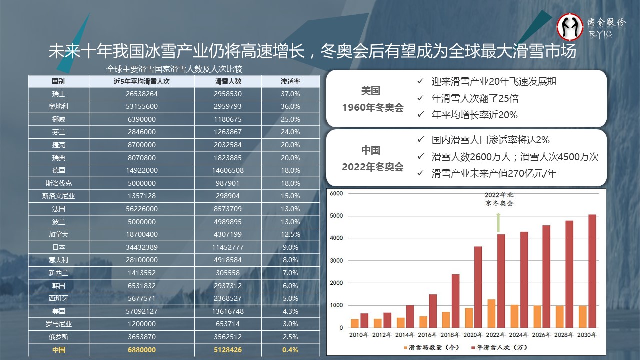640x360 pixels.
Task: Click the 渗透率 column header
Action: click(x=290, y=81)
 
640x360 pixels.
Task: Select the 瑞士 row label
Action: click(x=58, y=94)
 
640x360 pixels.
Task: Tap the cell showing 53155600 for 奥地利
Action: click(x=142, y=107)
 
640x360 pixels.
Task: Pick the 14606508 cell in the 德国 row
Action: click(x=228, y=170)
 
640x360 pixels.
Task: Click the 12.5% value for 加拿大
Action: click(x=290, y=234)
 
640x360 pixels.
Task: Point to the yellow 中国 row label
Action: click(x=58, y=350)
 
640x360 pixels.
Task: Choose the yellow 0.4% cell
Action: click(x=290, y=350)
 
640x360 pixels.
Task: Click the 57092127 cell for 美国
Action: click(x=142, y=311)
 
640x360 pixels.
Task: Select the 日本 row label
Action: click(x=58, y=247)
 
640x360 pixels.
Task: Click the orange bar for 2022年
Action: click(x=491, y=313)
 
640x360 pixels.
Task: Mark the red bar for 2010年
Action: click(x=364, y=320)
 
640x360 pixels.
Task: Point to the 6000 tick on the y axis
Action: click(x=336, y=193)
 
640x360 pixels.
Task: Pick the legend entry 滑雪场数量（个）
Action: click(x=425, y=347)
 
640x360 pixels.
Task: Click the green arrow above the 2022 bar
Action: click(x=498, y=222)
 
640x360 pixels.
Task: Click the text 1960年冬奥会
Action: click(x=372, y=108)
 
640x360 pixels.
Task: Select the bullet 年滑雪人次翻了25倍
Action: click(x=474, y=98)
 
